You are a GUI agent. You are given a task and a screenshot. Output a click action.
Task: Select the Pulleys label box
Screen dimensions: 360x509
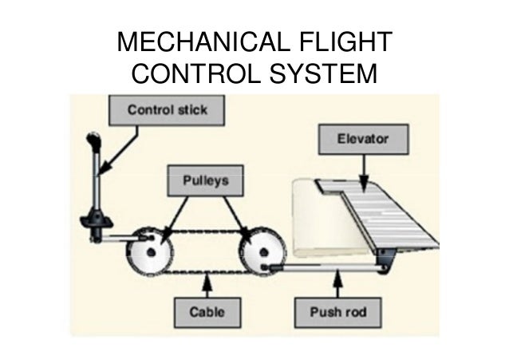[203, 182]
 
